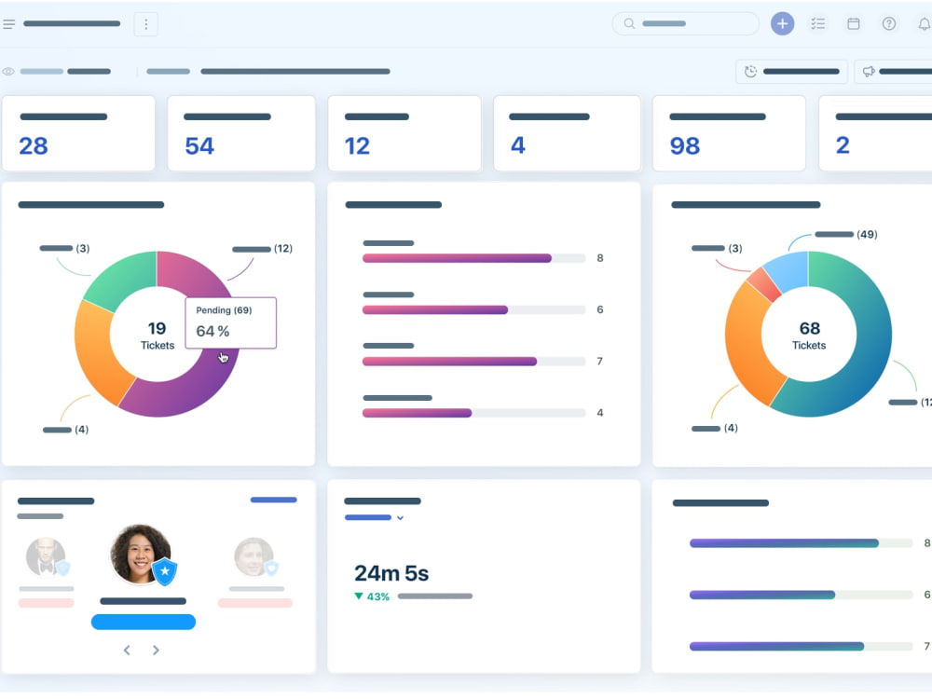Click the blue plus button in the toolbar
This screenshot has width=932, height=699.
coord(782,24)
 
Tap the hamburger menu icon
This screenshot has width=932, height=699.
coord(8,24)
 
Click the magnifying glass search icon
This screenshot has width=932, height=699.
coord(629,24)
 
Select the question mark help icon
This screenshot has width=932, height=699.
coord(888,24)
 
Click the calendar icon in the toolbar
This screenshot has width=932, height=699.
coord(854,24)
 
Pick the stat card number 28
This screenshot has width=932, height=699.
coord(34,145)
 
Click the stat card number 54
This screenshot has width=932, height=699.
coord(199,145)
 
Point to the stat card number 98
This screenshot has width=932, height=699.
coord(685,145)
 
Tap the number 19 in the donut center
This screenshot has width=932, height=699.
coord(157,328)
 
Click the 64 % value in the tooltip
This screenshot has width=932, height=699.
coord(212,331)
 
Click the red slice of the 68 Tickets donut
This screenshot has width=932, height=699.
coord(764,284)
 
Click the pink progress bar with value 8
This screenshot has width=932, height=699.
coord(457,258)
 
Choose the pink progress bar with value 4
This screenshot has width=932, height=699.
coord(417,413)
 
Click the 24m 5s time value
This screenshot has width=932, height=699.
coord(391,573)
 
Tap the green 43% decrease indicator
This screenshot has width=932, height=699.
coord(372,596)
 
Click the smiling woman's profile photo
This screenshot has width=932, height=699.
coord(141,554)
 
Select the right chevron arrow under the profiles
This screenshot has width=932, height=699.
coord(156,651)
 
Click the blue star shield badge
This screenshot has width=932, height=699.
coord(165,571)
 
